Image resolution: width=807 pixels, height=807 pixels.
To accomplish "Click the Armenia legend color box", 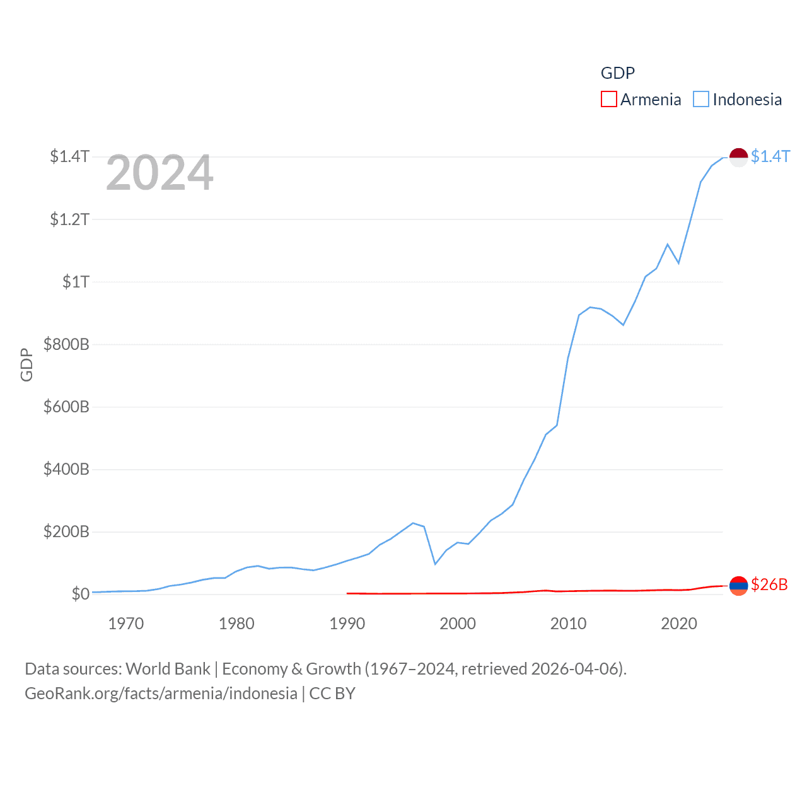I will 608,100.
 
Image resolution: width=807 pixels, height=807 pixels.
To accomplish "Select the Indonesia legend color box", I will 701,100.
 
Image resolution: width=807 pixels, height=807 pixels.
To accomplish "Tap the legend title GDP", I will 617,73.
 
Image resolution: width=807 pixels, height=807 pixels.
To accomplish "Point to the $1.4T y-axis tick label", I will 69,156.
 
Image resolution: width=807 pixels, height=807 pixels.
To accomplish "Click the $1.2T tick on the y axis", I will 69,219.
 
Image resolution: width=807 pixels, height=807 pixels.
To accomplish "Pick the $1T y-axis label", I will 76,282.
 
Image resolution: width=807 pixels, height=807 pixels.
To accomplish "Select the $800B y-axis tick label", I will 66,344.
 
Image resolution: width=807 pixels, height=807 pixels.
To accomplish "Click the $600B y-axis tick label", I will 66,407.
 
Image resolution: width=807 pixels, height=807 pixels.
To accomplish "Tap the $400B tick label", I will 66,469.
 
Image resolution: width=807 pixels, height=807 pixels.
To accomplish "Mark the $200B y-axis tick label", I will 66,531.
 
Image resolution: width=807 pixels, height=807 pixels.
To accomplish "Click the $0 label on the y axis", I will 80,594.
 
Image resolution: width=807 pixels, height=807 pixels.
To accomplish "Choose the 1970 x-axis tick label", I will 126,624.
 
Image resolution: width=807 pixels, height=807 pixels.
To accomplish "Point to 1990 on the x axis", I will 347,624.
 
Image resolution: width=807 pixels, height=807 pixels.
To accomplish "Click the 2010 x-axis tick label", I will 568,624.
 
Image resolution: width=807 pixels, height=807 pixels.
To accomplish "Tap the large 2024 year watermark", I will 160,173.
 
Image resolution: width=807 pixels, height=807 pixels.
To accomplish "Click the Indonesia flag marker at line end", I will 738,157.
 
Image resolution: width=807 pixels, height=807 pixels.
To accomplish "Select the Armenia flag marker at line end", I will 738,586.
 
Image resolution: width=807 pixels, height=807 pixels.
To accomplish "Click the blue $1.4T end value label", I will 770,156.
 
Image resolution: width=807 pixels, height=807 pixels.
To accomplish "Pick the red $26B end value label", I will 769,584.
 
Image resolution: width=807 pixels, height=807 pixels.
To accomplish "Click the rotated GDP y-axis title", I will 26,364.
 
